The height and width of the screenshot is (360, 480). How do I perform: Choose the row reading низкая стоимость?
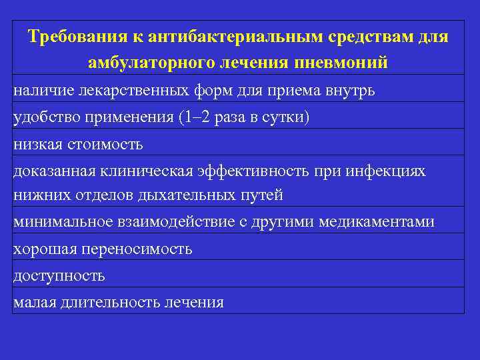pos(78,143)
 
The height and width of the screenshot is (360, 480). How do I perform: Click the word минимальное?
pos(58,222)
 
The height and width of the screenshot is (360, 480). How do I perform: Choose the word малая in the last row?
pos(33,302)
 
